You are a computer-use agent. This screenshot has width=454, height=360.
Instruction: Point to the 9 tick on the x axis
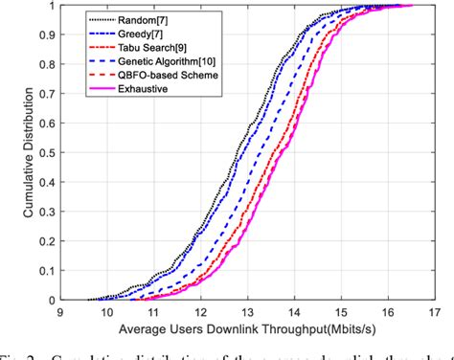click(x=59, y=312)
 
